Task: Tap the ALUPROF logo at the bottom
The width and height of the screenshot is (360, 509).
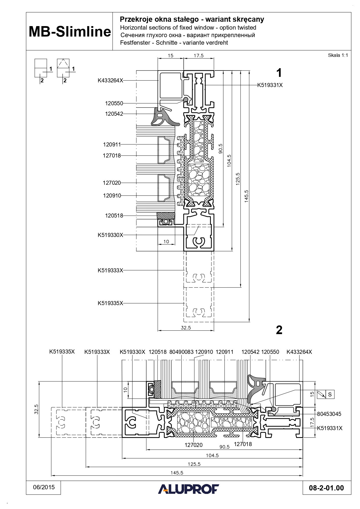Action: pyautogui.click(x=189, y=489)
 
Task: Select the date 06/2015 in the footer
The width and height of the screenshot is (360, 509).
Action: pyautogui.click(x=44, y=487)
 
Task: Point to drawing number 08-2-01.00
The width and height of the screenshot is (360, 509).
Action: pyautogui.click(x=326, y=488)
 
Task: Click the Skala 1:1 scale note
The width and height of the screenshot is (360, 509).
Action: pyautogui.click(x=338, y=55)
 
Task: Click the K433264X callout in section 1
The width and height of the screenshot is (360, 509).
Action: pyautogui.click(x=110, y=81)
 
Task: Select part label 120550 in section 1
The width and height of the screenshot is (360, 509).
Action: pyautogui.click(x=114, y=103)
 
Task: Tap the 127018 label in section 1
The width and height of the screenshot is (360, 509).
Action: pyautogui.click(x=112, y=156)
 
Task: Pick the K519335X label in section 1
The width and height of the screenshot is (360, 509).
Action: pyautogui.click(x=110, y=303)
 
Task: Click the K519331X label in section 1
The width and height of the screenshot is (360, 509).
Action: pyautogui.click(x=270, y=85)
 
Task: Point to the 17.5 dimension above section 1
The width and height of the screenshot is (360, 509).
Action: pyautogui.click(x=198, y=56)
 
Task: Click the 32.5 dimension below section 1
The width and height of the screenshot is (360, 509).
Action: pyautogui.click(x=186, y=328)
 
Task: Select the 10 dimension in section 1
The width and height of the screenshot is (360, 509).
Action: pyautogui.click(x=166, y=241)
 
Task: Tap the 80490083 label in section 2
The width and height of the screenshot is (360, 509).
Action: pyautogui.click(x=181, y=352)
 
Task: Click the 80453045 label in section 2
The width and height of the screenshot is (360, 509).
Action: pyautogui.click(x=329, y=414)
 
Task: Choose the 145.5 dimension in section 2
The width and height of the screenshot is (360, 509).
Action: pyautogui.click(x=177, y=473)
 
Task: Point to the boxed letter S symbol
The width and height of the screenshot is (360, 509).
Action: pyautogui.click(x=330, y=394)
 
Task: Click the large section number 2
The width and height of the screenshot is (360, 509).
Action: pyautogui.click(x=279, y=330)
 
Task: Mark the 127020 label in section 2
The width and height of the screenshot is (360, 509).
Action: pyautogui.click(x=193, y=445)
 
